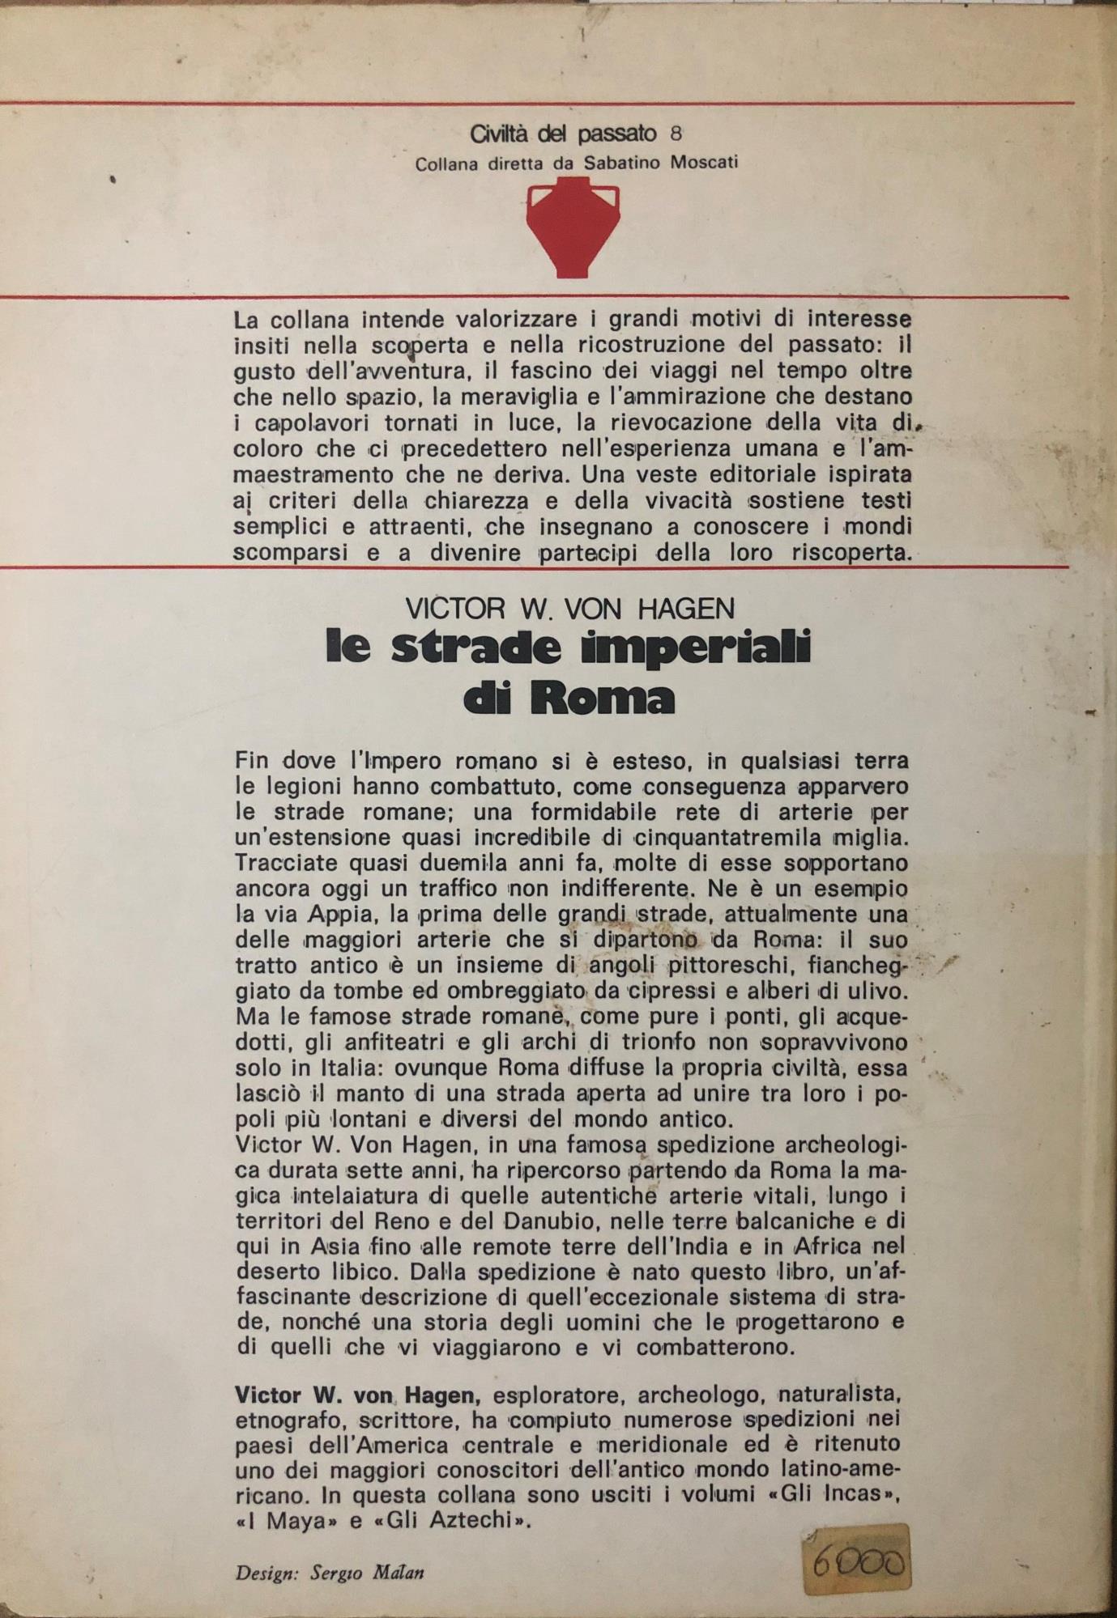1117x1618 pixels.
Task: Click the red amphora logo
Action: tap(573, 229)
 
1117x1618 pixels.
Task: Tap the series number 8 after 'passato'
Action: tap(676, 133)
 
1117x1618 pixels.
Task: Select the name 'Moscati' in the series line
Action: tap(704, 163)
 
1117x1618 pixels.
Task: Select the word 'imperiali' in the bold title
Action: tap(701, 648)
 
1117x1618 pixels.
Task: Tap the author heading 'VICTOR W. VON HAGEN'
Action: tap(570, 608)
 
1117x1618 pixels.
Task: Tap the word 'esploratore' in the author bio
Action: tap(558, 1395)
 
